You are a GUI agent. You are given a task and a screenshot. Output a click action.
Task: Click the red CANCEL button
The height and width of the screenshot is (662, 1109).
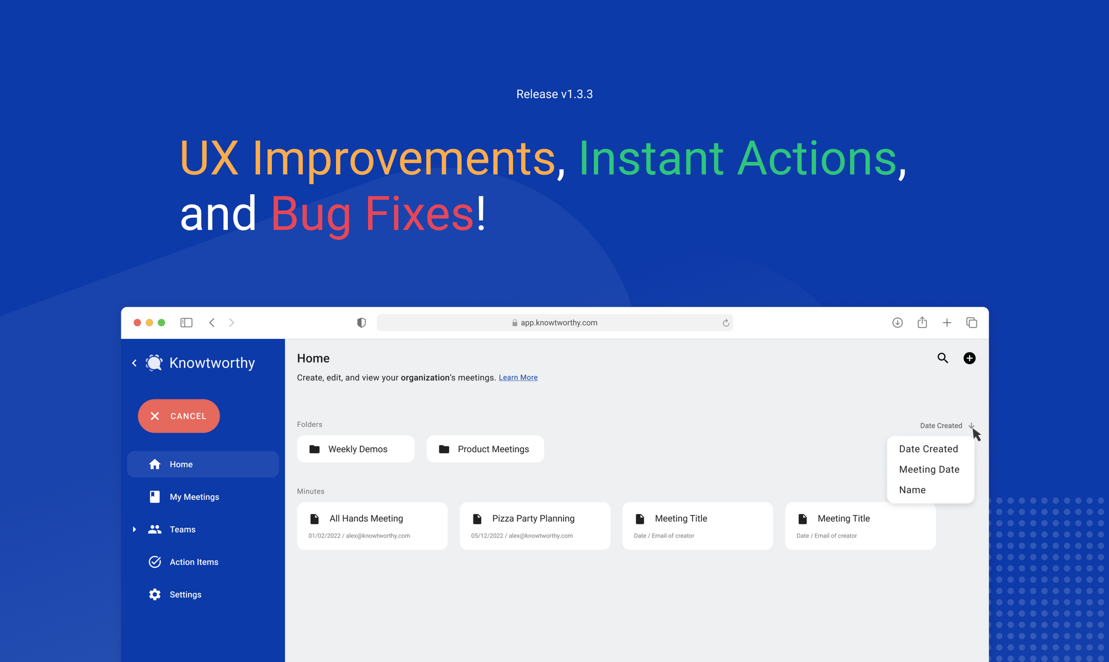(x=179, y=416)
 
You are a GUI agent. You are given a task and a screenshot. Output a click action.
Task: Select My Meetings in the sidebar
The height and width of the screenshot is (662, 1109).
(x=194, y=497)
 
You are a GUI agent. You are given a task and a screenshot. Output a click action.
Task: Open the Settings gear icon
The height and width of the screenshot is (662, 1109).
(x=155, y=594)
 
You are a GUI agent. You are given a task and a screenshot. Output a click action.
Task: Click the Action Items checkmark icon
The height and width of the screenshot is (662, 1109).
(x=155, y=562)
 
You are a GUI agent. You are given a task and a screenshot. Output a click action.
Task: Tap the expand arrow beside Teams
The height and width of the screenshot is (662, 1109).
(x=134, y=529)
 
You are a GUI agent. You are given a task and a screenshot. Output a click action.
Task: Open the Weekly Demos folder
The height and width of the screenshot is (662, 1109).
(x=355, y=449)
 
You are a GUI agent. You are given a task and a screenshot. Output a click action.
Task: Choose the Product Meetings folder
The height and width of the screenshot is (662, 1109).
(x=485, y=449)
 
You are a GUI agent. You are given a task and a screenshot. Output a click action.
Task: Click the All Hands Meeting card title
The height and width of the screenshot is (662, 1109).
(x=366, y=518)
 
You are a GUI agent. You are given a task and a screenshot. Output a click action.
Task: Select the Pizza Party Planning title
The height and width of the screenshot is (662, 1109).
(x=533, y=518)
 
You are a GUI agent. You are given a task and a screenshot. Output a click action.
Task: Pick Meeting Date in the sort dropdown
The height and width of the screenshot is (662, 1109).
(x=929, y=470)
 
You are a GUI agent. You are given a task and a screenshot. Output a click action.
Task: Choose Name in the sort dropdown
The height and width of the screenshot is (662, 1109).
(x=912, y=490)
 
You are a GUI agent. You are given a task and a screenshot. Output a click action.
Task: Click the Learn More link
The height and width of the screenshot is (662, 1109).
(x=518, y=378)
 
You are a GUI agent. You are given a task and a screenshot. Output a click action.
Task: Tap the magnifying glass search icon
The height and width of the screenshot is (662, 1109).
(x=943, y=358)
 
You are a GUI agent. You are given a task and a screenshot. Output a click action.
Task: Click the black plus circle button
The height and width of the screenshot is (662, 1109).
(x=969, y=358)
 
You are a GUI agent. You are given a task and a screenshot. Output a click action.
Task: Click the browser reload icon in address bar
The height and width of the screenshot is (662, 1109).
(x=725, y=323)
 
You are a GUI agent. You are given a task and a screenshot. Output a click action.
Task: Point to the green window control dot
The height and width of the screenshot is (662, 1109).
(x=161, y=323)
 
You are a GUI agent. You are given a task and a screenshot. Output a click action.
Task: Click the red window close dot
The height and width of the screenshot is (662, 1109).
(x=137, y=323)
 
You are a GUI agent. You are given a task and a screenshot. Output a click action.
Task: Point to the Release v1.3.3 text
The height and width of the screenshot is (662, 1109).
(x=554, y=94)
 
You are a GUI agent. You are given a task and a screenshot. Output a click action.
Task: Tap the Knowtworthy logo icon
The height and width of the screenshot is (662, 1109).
(x=154, y=363)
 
